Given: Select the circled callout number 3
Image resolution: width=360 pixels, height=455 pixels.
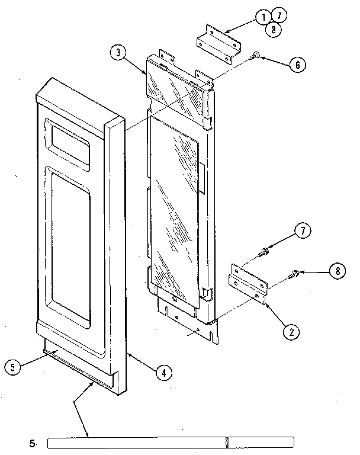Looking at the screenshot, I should (118, 52).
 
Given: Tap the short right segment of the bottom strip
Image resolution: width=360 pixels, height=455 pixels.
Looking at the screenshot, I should (261, 442).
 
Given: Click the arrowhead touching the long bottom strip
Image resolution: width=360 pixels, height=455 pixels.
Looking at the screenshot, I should (89, 435).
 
